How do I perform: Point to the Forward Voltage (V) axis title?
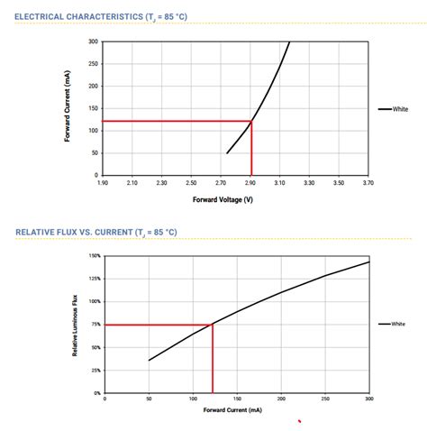pos(223,199)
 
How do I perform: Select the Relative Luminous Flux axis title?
pos(75,325)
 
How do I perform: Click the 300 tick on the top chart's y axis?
pos(94,41)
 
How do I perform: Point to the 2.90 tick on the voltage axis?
pos(250,183)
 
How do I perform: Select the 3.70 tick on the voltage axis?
pos(368,183)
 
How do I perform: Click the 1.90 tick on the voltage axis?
pos(104,183)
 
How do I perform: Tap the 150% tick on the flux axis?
pos(95,256)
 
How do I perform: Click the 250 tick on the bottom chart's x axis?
pos(325,399)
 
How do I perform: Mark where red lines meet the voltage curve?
pos(251,121)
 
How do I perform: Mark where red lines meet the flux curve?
pos(213,324)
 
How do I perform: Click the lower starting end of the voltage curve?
pos(227,153)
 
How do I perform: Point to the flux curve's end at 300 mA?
pos(369,262)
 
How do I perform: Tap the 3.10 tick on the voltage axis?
pos(279,183)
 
